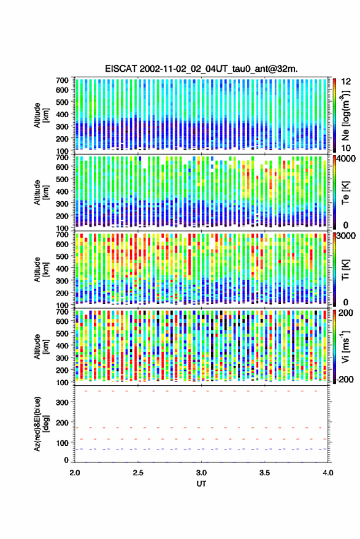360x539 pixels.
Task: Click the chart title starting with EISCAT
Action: click(x=201, y=69)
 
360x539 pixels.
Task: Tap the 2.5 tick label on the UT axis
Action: click(x=138, y=473)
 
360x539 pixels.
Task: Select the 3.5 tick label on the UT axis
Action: click(x=264, y=473)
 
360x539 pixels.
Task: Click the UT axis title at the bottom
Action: click(x=201, y=484)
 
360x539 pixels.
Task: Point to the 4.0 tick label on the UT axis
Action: click(x=327, y=473)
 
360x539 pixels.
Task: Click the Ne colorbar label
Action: click(x=345, y=115)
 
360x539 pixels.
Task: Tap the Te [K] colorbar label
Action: click(x=345, y=193)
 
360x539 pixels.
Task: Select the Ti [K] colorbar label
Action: click(x=345, y=270)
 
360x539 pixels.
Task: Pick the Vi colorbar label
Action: click(x=345, y=346)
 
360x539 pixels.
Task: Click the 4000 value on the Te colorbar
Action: click(x=345, y=159)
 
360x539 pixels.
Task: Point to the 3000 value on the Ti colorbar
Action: click(x=345, y=236)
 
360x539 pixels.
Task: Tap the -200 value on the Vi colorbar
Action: click(x=345, y=380)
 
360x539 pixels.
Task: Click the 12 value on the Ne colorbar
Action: click(x=346, y=82)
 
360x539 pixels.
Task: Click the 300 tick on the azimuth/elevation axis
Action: click(x=62, y=402)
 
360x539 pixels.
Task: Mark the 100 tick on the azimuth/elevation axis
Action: click(x=62, y=443)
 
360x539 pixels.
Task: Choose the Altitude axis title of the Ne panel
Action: click(x=41, y=115)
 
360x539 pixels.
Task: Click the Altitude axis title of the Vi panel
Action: click(x=41, y=347)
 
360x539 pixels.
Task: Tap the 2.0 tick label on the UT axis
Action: click(x=75, y=473)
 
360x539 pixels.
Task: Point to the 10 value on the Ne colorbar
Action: click(x=346, y=148)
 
